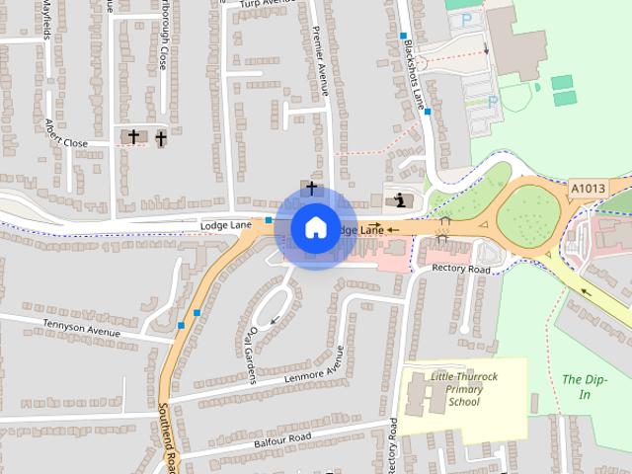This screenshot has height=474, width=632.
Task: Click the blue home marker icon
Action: pos(314,227)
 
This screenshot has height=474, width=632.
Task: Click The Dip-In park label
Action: pos(580,386)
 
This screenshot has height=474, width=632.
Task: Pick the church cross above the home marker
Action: pos(312,188)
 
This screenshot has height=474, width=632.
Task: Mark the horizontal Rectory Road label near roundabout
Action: pos(461,269)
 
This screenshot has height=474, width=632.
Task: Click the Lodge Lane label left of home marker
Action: pos(227,225)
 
